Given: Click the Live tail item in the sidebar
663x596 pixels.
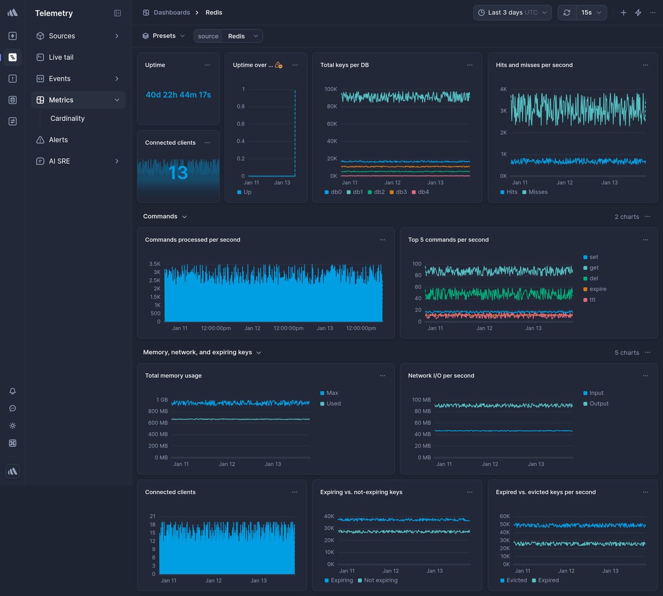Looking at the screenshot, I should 61,57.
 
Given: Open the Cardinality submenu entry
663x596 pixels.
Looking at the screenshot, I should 67,119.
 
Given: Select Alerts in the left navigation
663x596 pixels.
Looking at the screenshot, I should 58,140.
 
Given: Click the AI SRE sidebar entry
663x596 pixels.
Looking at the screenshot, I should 59,161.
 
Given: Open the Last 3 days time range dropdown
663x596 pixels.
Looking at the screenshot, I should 512,12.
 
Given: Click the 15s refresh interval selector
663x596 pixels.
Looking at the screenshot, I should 590,12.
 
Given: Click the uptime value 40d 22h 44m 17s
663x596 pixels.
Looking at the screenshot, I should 178,95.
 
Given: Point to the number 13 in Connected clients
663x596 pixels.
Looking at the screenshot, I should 178,173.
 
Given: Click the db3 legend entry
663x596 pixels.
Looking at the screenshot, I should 401,192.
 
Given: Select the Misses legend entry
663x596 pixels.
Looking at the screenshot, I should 537,192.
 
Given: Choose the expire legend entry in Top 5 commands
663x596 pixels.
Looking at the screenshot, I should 597,289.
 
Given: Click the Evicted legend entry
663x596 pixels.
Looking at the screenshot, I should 516,580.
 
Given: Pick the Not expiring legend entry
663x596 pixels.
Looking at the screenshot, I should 380,580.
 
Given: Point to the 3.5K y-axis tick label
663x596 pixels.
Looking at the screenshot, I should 154,264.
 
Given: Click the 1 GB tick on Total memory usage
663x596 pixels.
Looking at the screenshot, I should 162,400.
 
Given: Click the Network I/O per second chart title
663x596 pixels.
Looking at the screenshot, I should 441,375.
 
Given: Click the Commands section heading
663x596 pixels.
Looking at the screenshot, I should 160,216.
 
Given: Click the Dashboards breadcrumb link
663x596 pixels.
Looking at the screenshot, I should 171,12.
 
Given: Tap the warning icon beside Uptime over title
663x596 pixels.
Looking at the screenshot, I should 278,65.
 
